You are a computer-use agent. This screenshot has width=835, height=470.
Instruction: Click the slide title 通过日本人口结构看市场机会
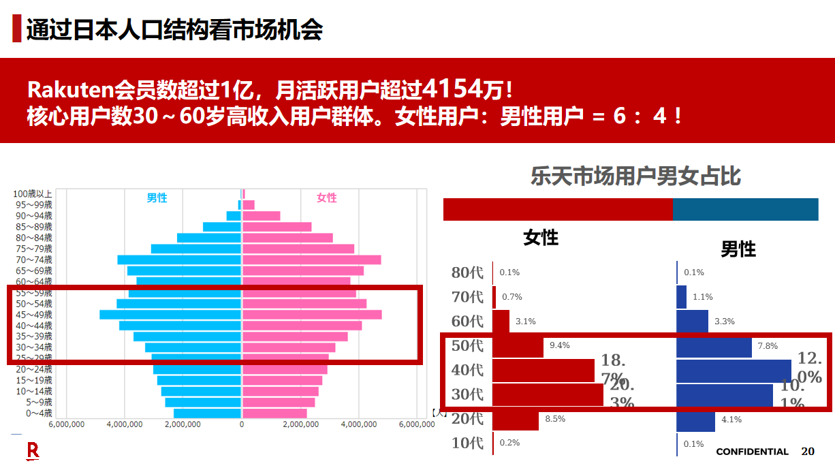pyautogui.click(x=174, y=29)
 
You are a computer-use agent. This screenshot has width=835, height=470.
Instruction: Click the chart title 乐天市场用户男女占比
pyautogui.click(x=635, y=177)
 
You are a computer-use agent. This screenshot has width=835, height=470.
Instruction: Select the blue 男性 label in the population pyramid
pyautogui.click(x=157, y=198)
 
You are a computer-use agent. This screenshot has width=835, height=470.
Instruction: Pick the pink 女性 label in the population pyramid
pyautogui.click(x=326, y=198)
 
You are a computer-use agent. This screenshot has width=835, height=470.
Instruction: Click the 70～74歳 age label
pyautogui.click(x=33, y=260)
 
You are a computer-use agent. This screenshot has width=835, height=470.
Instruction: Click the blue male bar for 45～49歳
pyautogui.click(x=170, y=315)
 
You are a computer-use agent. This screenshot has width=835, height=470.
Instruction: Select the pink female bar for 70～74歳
pyautogui.click(x=311, y=260)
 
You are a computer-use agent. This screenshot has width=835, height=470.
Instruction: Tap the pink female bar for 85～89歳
pyautogui.click(x=277, y=227)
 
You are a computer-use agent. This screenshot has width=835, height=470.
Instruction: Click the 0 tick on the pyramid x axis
pyautogui.click(x=242, y=424)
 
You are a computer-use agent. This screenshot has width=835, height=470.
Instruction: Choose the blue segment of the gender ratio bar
pyautogui.click(x=745, y=210)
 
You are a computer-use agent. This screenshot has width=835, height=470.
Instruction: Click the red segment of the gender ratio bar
pyautogui.click(x=557, y=210)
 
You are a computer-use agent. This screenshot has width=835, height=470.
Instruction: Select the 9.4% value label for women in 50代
pyautogui.click(x=559, y=345)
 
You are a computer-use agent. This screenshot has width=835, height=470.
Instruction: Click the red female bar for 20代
pyautogui.click(x=516, y=419)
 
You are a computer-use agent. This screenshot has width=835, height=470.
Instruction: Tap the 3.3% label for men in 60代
pyautogui.click(x=725, y=322)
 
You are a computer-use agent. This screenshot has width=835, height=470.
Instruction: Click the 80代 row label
pyautogui.click(x=467, y=272)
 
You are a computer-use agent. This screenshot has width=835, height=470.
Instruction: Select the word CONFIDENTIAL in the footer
pyautogui.click(x=752, y=452)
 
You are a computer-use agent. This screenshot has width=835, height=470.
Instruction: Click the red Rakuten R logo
pyautogui.click(x=33, y=451)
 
